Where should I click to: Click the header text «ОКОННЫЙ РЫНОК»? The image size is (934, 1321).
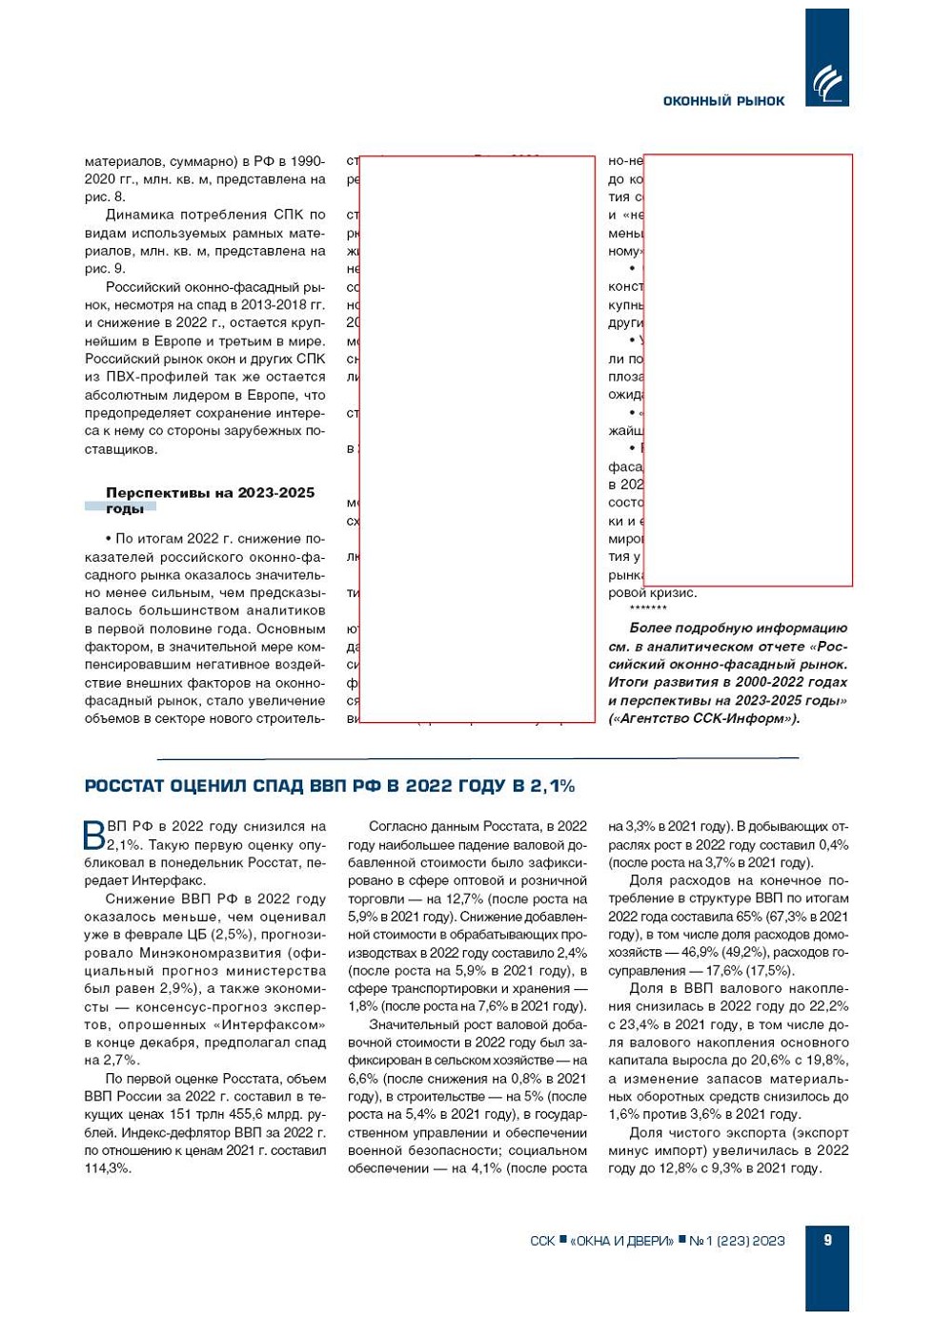pyautogui.click(x=723, y=101)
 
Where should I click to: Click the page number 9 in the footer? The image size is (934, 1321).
pyautogui.click(x=827, y=1240)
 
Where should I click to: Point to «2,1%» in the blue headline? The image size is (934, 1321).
pyautogui.click(x=552, y=786)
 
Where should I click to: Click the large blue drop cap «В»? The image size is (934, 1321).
pyautogui.click(x=94, y=835)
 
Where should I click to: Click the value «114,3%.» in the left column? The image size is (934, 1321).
pyautogui.click(x=108, y=1167)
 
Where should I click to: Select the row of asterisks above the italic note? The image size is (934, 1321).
pyautogui.click(x=648, y=609)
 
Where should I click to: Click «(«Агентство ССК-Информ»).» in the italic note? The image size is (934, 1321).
pyautogui.click(x=703, y=718)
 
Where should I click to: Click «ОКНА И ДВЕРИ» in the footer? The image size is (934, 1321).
pyautogui.click(x=621, y=1241)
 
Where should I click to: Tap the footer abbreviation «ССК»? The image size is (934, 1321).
pyautogui.click(x=542, y=1241)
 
